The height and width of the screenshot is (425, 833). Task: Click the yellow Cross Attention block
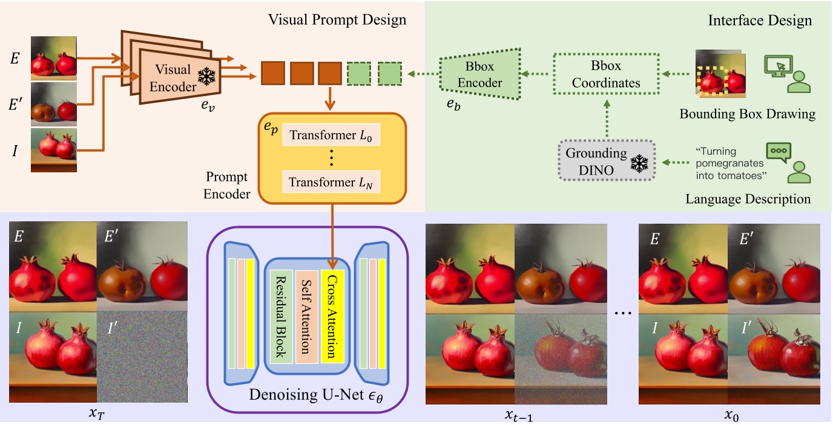coord(332,317)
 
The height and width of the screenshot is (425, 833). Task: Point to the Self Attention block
coord(308,317)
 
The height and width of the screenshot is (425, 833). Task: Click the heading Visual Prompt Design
coord(337,21)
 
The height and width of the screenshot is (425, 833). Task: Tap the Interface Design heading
coord(760,21)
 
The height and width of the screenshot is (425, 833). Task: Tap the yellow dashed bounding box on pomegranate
coord(711,80)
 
